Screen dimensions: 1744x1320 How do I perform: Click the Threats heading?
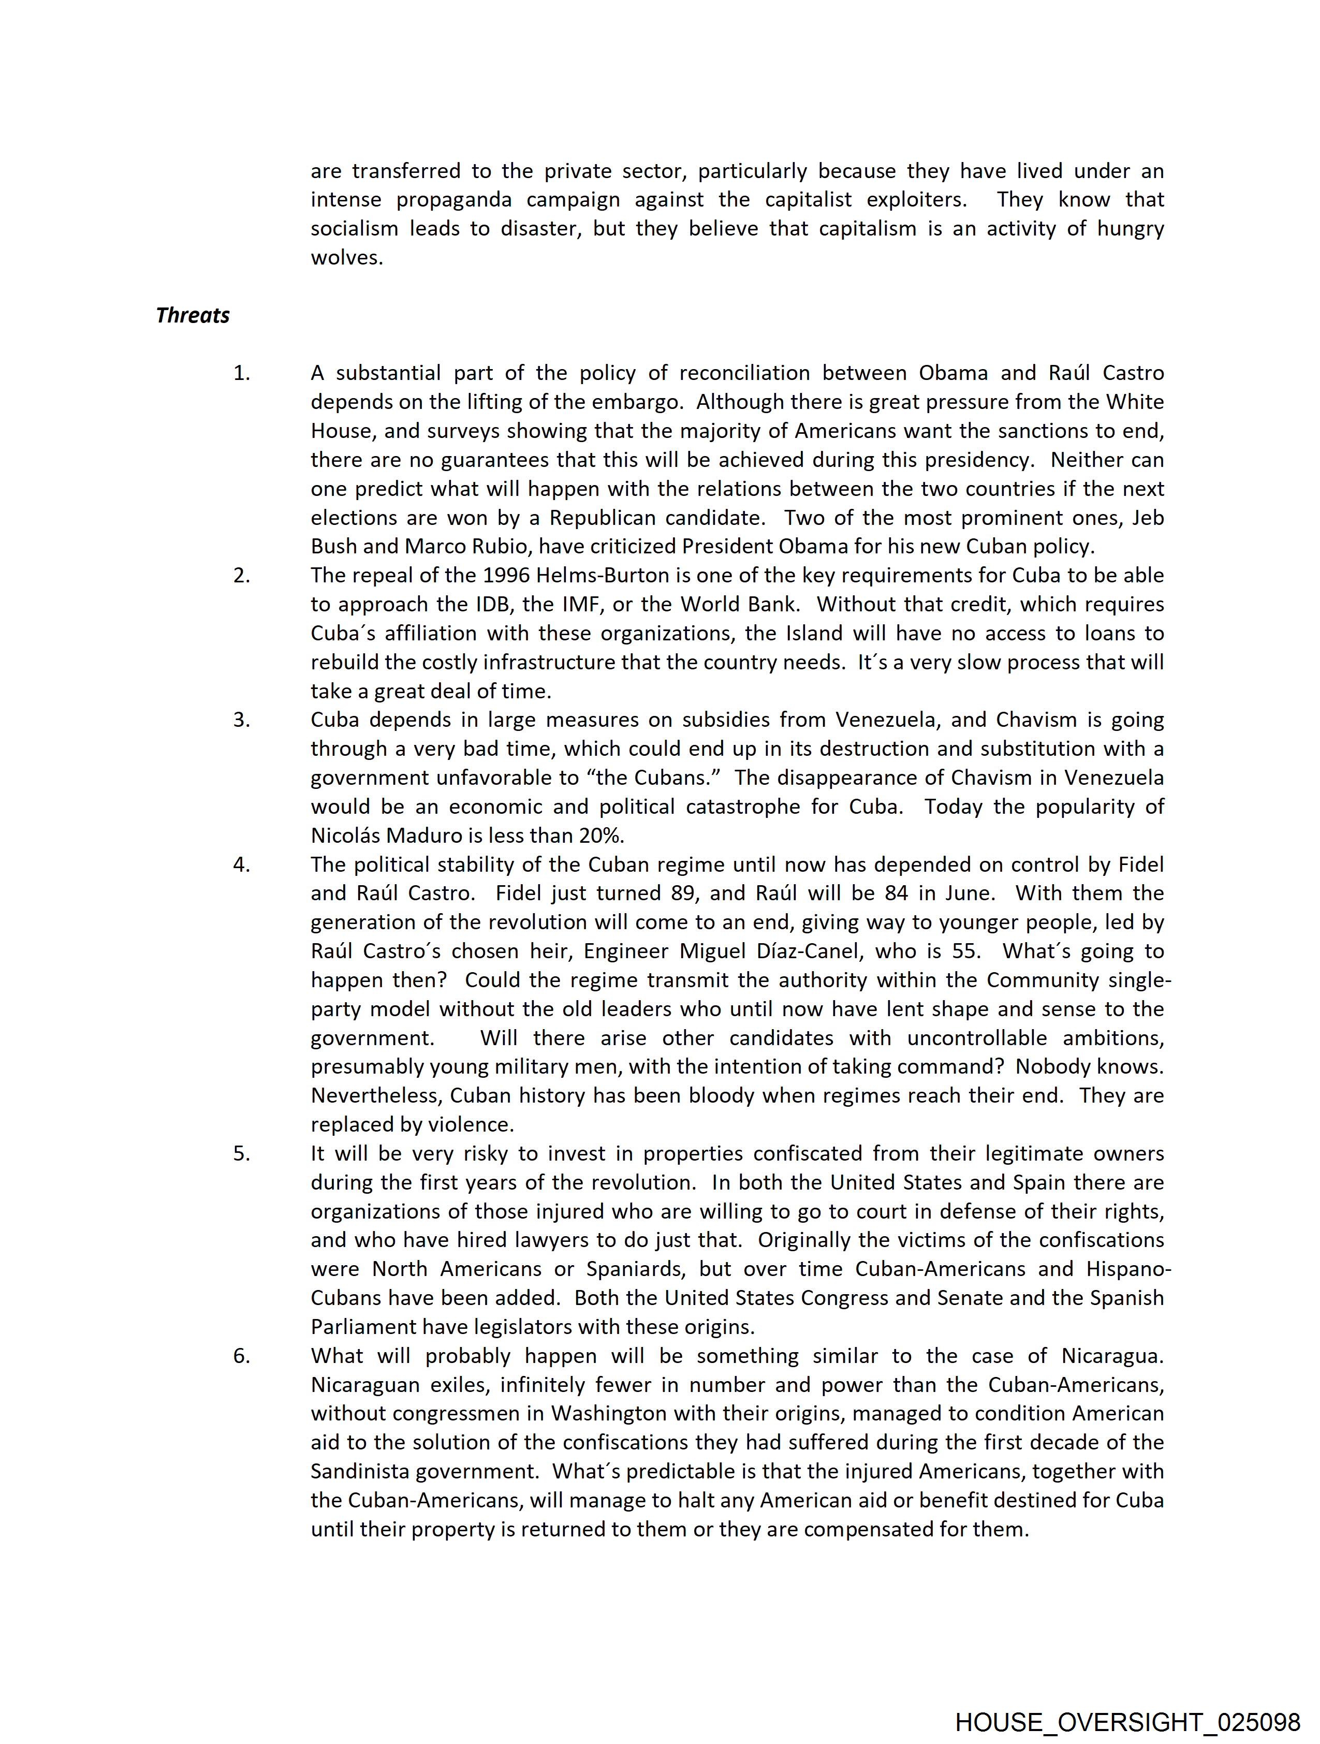[x=193, y=315]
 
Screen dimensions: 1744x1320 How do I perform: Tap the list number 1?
[x=241, y=373]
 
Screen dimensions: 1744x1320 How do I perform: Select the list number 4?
[x=241, y=865]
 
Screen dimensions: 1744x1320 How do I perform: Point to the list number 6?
[x=241, y=1357]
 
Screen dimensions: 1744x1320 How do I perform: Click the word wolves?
[x=346, y=258]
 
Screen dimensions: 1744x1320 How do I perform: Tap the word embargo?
[x=638, y=402]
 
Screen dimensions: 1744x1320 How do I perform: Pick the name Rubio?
[x=503, y=546]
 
